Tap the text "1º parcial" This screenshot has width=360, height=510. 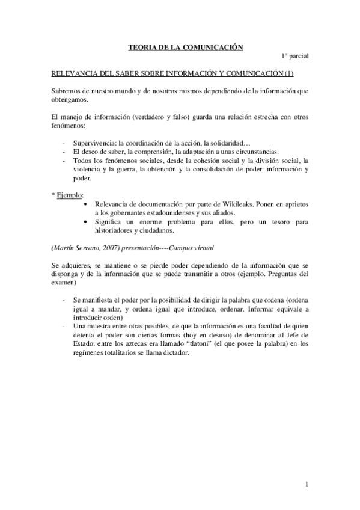[295, 56]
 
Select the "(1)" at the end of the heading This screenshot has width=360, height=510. [288, 73]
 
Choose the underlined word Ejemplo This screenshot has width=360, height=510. [70, 195]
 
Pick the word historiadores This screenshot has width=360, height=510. [120, 230]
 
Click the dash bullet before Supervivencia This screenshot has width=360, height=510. [64, 143]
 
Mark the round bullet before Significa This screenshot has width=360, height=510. [89, 222]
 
